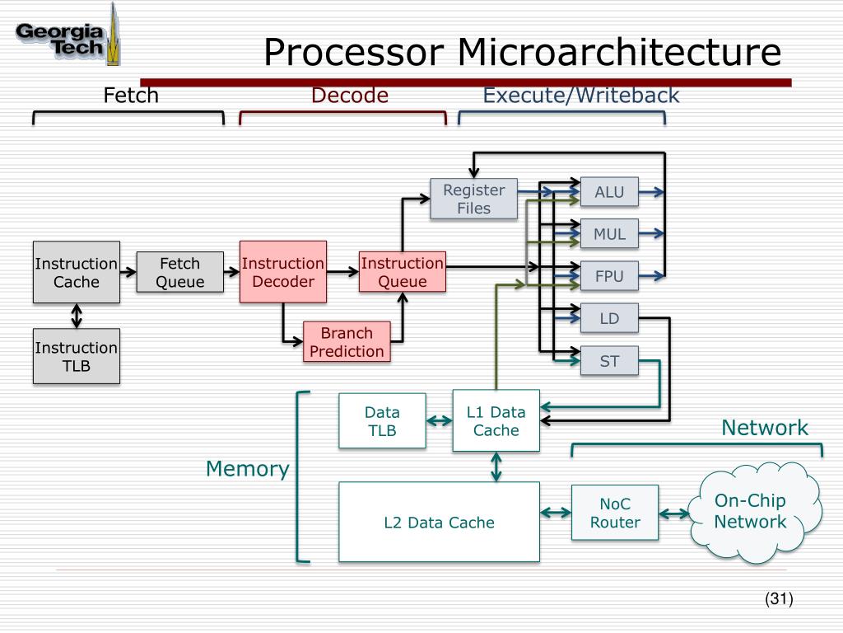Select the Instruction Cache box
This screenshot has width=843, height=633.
click(x=77, y=272)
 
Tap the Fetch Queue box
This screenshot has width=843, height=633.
click(x=179, y=272)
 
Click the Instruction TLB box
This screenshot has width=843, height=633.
click(x=77, y=356)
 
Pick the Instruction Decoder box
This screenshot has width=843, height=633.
click(x=283, y=272)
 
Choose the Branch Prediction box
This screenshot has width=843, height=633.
click(x=347, y=342)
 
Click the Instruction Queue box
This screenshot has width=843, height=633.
click(x=403, y=272)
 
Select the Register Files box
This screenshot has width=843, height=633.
click(x=473, y=199)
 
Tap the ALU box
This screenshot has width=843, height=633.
click(x=609, y=192)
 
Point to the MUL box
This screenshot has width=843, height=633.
click(x=609, y=234)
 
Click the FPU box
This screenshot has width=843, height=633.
click(x=609, y=276)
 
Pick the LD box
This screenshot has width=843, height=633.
click(x=609, y=318)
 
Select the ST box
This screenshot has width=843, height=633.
click(x=609, y=361)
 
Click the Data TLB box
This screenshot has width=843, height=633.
click(x=382, y=420)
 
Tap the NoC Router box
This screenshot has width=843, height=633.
click(x=615, y=513)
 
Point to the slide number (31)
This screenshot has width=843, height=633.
click(x=778, y=599)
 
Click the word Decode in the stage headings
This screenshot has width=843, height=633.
click(x=349, y=96)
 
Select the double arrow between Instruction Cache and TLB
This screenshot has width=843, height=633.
click(x=77, y=315)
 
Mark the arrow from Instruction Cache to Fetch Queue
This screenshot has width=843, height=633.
click(x=128, y=272)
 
